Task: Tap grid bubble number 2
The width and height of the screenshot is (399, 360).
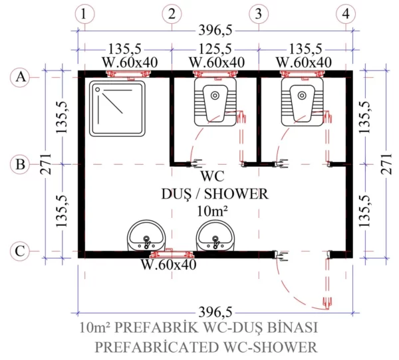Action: pos(172,13)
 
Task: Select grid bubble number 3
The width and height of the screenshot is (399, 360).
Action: pos(258,13)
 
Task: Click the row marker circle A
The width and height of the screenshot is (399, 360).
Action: pos(21,78)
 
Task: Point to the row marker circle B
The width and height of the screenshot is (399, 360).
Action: pos(21,164)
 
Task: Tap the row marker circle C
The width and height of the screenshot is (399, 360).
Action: pos(21,251)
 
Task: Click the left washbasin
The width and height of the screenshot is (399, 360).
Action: pos(146,236)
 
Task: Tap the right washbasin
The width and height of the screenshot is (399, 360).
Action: pos(214,236)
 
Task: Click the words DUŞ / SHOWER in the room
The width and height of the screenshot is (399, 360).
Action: pos(214,194)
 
